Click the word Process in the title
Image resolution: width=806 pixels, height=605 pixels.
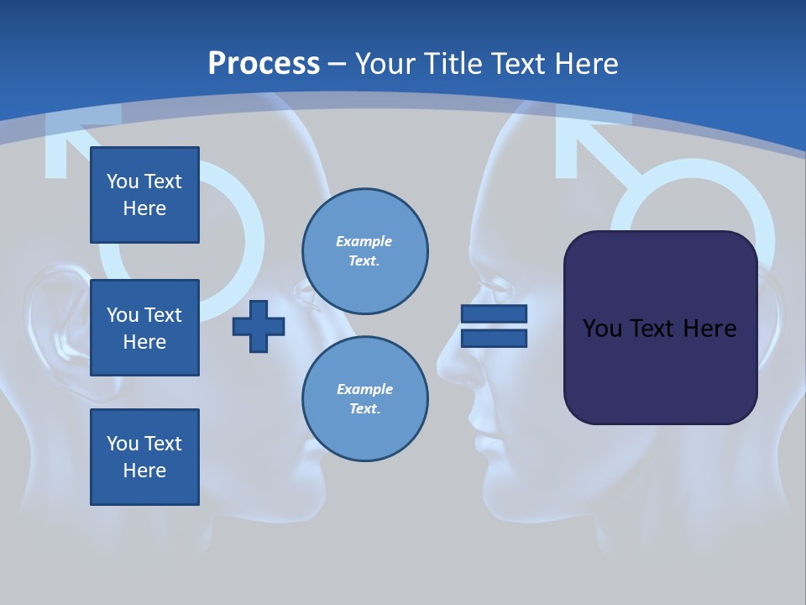pyautogui.click(x=264, y=64)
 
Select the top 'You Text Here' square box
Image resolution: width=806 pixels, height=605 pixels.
pyautogui.click(x=144, y=195)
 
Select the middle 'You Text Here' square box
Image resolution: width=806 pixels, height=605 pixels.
pyautogui.click(x=144, y=328)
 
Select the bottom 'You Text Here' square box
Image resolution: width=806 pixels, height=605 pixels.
pyautogui.click(x=144, y=457)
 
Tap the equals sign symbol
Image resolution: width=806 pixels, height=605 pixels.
pyautogui.click(x=494, y=327)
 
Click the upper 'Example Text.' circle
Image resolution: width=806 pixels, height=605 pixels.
pyautogui.click(x=364, y=251)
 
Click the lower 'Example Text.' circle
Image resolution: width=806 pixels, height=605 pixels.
pyautogui.click(x=364, y=399)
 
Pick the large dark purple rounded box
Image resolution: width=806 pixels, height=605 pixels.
pyautogui.click(x=660, y=328)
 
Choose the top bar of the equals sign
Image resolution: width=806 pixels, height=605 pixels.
pyautogui.click(x=494, y=314)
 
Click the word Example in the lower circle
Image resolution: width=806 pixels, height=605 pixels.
pyautogui.click(x=364, y=389)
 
